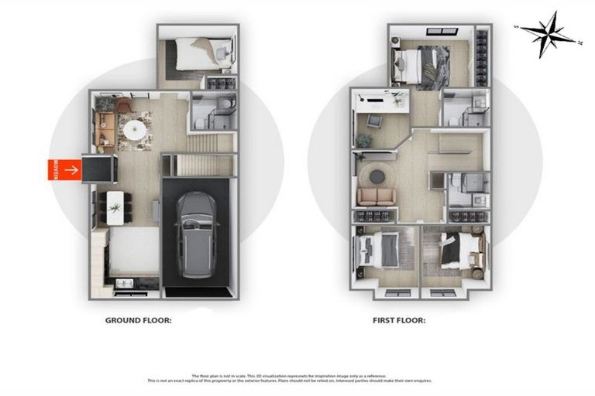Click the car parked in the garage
click(195, 229)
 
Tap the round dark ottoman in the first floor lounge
click(377, 177)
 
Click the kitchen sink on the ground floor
click(124, 284)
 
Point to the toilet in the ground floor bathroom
click(222, 104)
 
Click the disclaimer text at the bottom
click(297, 377)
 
